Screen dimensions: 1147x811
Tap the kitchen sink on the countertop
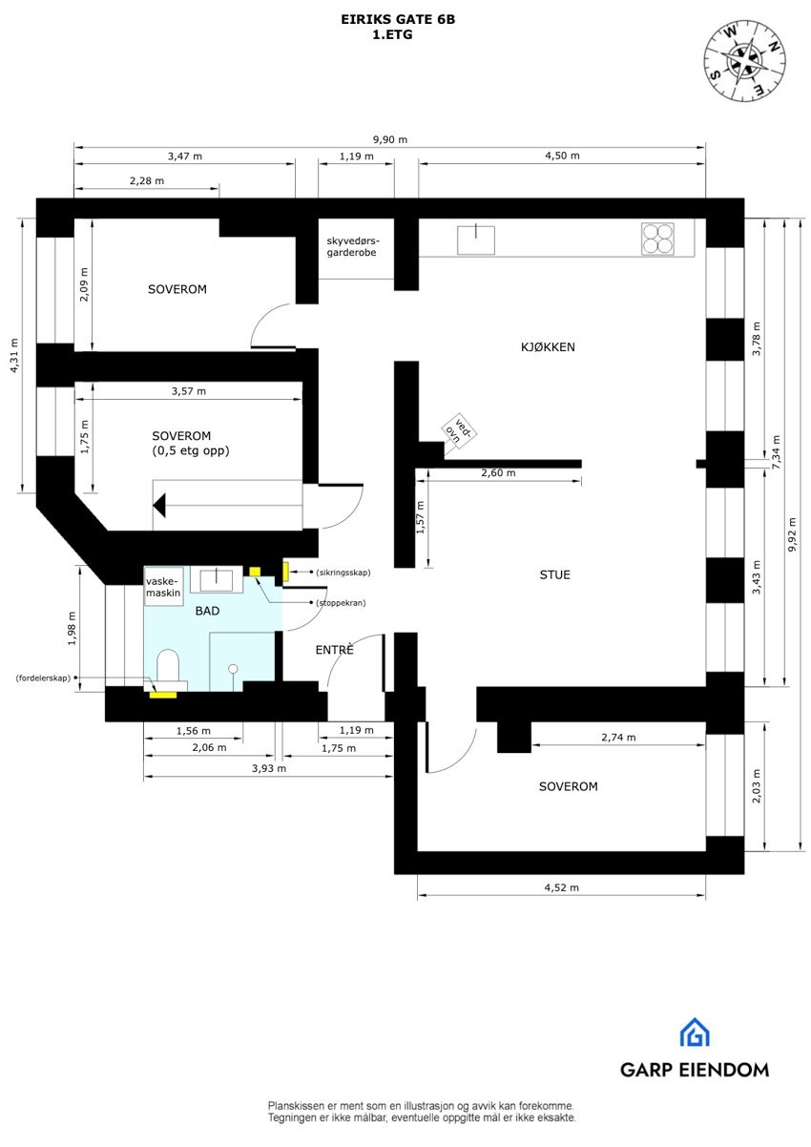pyautogui.click(x=476, y=239)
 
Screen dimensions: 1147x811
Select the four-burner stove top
pyautogui.click(x=657, y=239)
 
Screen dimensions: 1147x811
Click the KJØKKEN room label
pyautogui.click(x=548, y=348)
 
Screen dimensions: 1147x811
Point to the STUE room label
pyautogui.click(x=555, y=574)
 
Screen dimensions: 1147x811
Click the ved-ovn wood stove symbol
pyautogui.click(x=458, y=431)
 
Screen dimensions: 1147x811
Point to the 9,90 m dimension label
pyautogui.click(x=389, y=139)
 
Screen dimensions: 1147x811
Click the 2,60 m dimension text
pyautogui.click(x=498, y=473)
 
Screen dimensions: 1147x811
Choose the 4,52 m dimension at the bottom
pyautogui.click(x=561, y=887)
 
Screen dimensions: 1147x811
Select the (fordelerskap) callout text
pyautogui.click(x=44, y=678)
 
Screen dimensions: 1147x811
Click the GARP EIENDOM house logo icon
pyautogui.click(x=694, y=1033)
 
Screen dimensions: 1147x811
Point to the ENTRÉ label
pyautogui.click(x=335, y=650)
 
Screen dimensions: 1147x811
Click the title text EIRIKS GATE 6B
pyautogui.click(x=398, y=18)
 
